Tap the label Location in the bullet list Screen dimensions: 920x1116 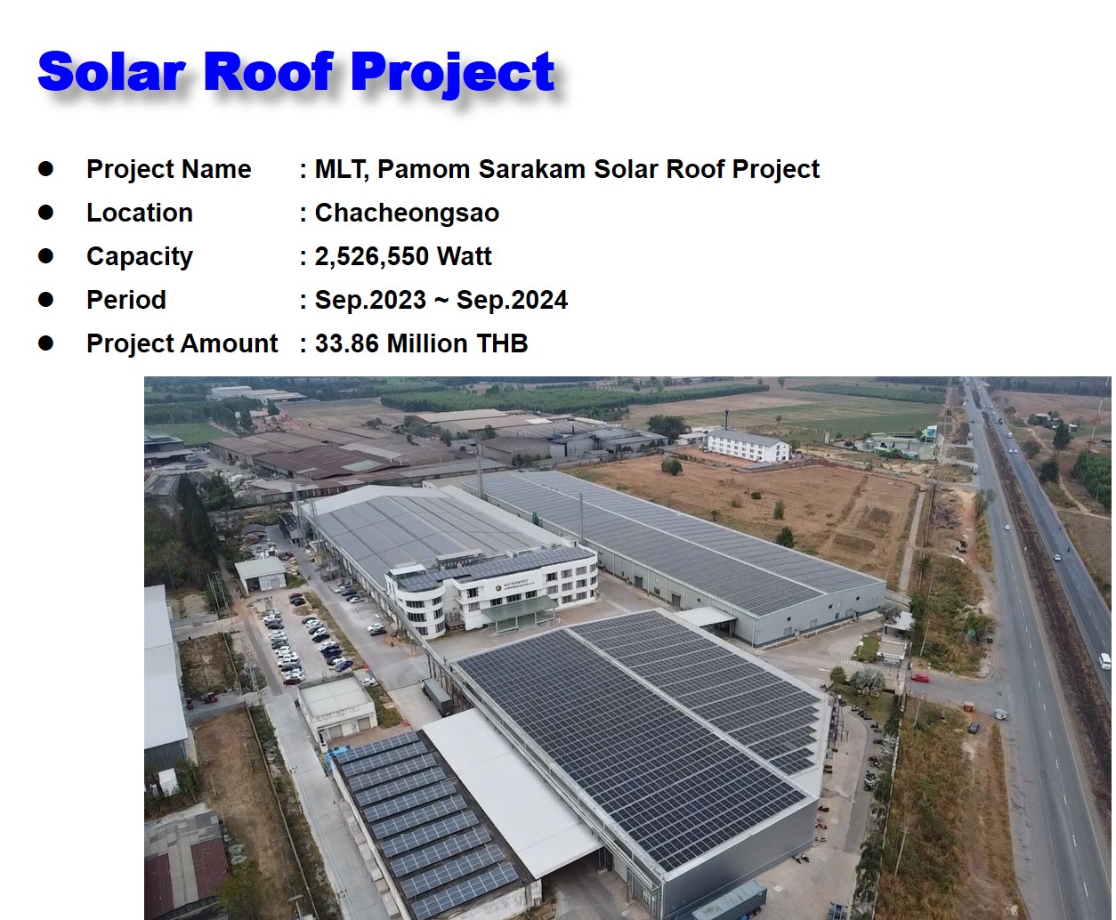click(x=140, y=214)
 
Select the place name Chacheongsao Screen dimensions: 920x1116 click(x=407, y=214)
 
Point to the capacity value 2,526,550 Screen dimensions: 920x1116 click(x=372, y=257)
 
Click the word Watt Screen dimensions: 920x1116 click(x=465, y=257)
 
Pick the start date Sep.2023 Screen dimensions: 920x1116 click(x=370, y=301)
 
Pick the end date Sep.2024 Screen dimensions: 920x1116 click(x=512, y=301)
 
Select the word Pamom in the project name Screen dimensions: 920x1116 click(x=422, y=170)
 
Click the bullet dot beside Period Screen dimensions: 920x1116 click(x=46, y=300)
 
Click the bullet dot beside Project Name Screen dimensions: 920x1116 click(x=46, y=169)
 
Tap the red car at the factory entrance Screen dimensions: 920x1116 click(x=920, y=678)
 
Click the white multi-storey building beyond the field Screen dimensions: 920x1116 click(x=748, y=445)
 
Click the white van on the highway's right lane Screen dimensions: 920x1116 click(x=1104, y=661)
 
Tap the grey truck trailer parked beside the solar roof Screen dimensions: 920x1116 click(x=437, y=696)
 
